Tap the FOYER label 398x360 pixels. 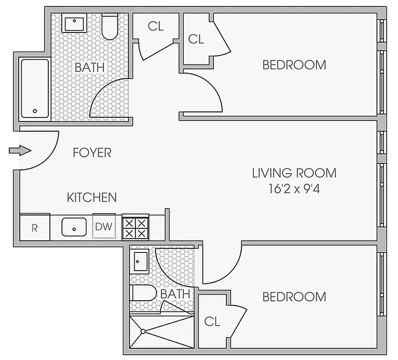pos(92,153)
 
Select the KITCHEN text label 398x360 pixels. pos(92,197)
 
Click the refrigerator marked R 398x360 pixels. pos(34,227)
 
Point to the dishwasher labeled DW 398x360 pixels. pos(104,226)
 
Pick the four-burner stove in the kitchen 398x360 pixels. pos(135,227)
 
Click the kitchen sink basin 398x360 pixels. pos(73,227)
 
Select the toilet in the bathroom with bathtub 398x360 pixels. pos(110,27)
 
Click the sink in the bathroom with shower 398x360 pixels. pos(140,261)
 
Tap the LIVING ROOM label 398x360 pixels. pos(294,173)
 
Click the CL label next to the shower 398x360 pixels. pos(212,321)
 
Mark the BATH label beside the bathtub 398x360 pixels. pos(90,67)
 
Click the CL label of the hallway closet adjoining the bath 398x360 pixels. pos(156,26)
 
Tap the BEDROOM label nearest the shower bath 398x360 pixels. pos(294,297)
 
